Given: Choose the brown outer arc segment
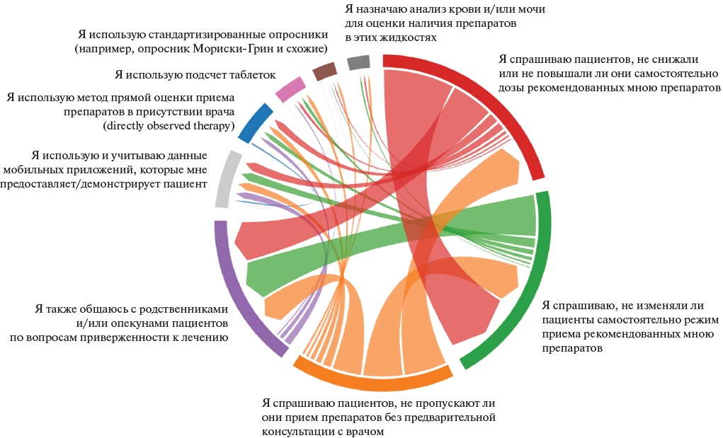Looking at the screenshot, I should [324, 70].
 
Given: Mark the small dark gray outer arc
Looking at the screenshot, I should [359, 62].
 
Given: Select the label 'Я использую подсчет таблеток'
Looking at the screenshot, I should [195, 74].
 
